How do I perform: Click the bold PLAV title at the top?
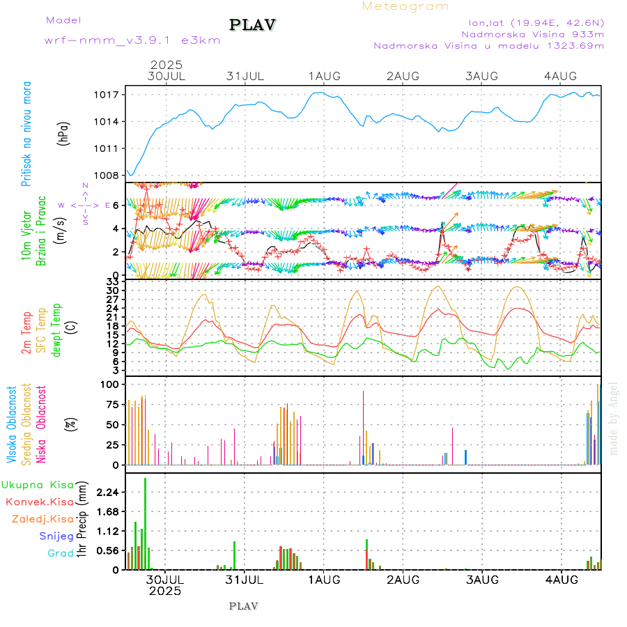pyautogui.click(x=254, y=25)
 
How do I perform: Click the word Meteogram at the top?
pyautogui.click(x=405, y=6)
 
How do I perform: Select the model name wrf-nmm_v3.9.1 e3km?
pyautogui.click(x=132, y=40)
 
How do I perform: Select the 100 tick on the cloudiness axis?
pyautogui.click(x=111, y=385)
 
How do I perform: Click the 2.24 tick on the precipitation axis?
pyautogui.click(x=107, y=493)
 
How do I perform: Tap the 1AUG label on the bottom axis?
pyautogui.click(x=324, y=580)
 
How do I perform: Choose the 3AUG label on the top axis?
pyautogui.click(x=482, y=76)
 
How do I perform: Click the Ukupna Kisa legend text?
pyautogui.click(x=37, y=485)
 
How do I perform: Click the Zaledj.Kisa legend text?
pyautogui.click(x=42, y=519)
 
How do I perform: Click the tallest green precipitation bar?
pyautogui.click(x=145, y=523)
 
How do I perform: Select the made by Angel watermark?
pyautogui.click(x=614, y=418)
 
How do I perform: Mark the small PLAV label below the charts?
pyautogui.click(x=243, y=606)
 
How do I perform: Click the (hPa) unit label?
pyautogui.click(x=63, y=133)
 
